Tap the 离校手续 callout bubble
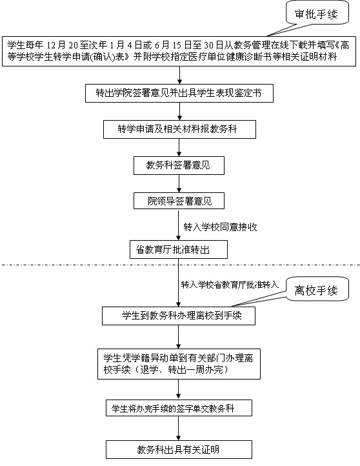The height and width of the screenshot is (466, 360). click(317, 290)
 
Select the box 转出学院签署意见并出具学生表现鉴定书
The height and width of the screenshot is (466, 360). click(179, 94)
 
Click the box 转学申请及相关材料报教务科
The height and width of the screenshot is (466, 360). click(179, 129)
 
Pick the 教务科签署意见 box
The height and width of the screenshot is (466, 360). click(179, 165)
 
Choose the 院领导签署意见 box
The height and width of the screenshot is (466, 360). click(179, 201)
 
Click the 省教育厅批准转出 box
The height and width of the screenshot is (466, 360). click(179, 249)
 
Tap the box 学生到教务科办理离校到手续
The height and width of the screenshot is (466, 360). click(179, 316)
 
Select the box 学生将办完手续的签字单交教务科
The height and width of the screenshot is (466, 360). click(179, 408)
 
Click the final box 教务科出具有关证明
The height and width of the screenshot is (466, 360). click(179, 449)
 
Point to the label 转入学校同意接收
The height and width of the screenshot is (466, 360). click(220, 227)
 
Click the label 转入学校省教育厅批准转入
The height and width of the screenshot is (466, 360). click(230, 285)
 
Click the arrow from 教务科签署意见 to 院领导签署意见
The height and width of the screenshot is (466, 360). click(179, 184)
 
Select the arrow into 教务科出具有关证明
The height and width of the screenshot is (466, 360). click(179, 429)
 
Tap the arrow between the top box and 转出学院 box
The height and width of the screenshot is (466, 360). click(179, 75)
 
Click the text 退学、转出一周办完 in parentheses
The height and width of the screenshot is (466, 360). click(183, 370)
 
